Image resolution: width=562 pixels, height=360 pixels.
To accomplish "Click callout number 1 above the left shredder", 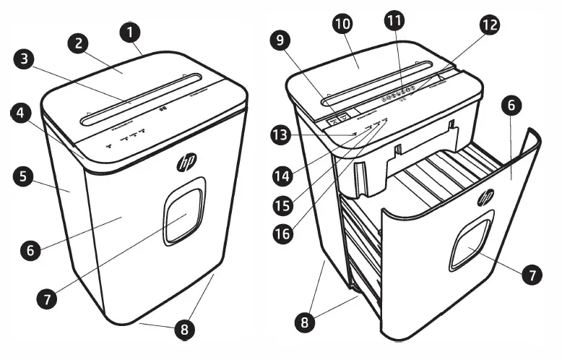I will [x=131, y=32].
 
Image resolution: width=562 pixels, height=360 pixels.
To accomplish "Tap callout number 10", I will [x=342, y=24].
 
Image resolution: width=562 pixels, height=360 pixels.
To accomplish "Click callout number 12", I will [x=490, y=25].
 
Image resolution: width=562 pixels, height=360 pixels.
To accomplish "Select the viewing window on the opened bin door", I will [x=470, y=246].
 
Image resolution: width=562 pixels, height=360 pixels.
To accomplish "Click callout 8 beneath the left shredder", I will [x=185, y=330].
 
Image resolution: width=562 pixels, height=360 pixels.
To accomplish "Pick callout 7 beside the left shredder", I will [x=47, y=296].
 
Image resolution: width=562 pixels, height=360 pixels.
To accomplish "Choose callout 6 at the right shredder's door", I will [x=511, y=106].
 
